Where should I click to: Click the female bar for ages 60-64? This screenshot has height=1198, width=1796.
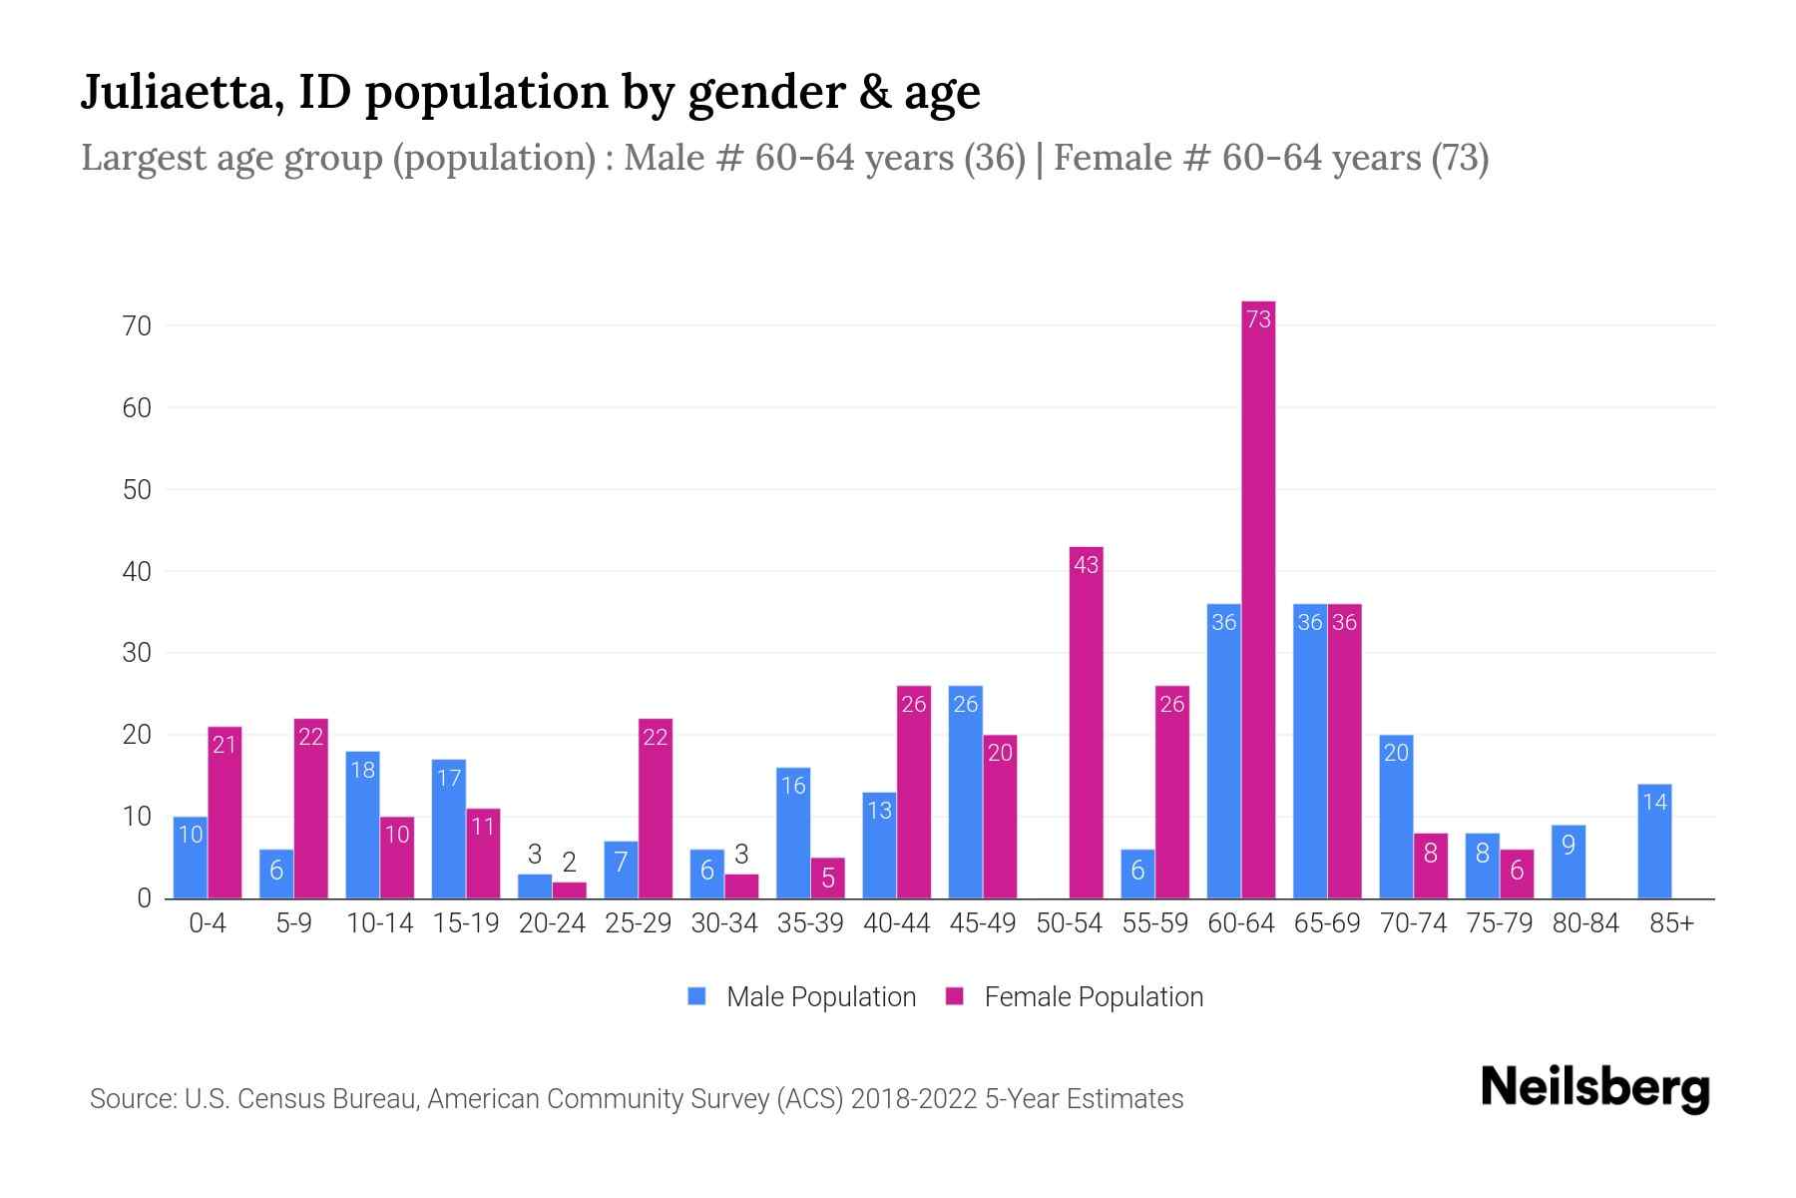pos(1258,599)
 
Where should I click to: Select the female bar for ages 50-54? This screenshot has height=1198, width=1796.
pos(1086,724)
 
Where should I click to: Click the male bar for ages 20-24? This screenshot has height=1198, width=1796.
pos(535,887)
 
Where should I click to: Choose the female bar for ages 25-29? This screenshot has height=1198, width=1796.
pos(656,809)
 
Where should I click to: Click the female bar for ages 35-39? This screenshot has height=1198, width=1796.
pos(827,879)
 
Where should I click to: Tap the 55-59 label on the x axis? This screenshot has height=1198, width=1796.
pos(1154,923)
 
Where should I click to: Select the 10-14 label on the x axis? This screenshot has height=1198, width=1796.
pos(379,923)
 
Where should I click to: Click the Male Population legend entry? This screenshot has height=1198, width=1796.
pos(801,997)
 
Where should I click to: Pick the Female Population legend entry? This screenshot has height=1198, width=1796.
pos(1075,997)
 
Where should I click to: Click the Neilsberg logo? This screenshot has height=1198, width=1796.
pos(1594,1088)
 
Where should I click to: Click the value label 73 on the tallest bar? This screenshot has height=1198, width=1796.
pos(1258,318)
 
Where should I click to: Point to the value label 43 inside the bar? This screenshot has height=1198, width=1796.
pos(1086,565)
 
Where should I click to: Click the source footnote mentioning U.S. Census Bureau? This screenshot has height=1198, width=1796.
pos(636,1099)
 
